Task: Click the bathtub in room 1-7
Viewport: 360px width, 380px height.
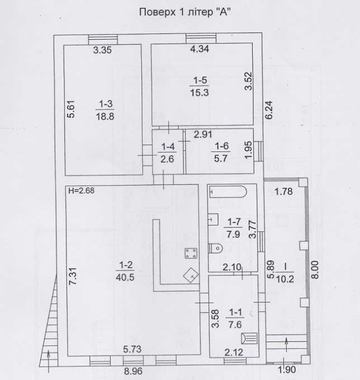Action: pos(228,192)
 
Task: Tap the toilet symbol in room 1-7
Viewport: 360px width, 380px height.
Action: pos(216,248)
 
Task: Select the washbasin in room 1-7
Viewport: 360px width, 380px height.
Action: pos(214,219)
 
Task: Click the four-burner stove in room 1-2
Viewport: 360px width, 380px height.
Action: pos(191,254)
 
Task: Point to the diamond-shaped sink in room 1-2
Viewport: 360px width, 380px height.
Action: pos(191,275)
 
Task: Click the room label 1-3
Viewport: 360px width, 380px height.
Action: pos(106,104)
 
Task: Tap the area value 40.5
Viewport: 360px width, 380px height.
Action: pos(125,277)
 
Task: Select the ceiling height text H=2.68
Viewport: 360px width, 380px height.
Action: pos(82,191)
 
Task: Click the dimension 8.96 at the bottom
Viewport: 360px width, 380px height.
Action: pos(133,371)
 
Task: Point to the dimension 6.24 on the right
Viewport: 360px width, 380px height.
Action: pos(269,110)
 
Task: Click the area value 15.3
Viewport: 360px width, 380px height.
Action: pos(199,92)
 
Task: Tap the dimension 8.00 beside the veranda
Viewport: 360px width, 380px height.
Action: pos(315,270)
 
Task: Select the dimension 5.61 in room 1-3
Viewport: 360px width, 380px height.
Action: pos(71,109)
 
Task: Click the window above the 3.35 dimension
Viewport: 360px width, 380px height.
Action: pos(103,40)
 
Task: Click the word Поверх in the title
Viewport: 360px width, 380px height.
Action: pos(157,12)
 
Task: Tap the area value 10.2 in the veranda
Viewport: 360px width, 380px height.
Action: pos(285,280)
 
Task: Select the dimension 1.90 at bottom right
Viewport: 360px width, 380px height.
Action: pos(287,370)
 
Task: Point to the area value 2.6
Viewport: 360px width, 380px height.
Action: pos(168,159)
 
